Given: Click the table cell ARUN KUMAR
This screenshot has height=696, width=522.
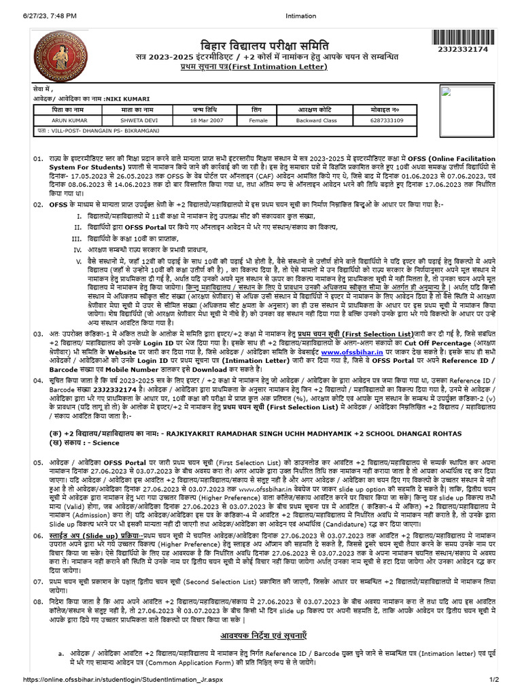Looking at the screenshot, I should pyautogui.click(x=68, y=120).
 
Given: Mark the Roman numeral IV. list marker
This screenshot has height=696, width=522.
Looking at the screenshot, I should pyautogui.click(x=77, y=249).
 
